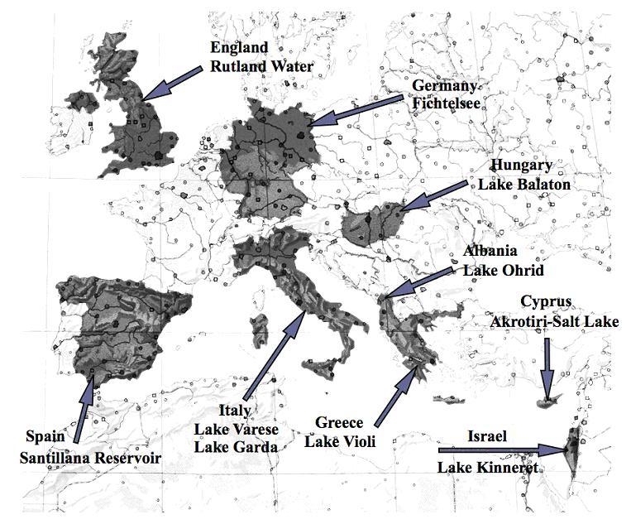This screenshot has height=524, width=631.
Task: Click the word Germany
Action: click(x=445, y=86)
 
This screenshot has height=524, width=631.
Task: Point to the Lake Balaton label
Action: click(x=524, y=185)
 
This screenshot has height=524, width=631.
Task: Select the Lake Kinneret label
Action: click(x=488, y=469)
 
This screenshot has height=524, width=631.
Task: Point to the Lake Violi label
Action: click(x=341, y=442)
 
